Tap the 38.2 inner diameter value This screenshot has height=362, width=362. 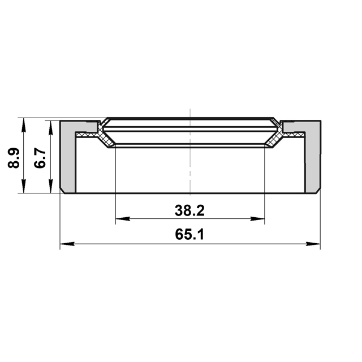[x=189, y=211]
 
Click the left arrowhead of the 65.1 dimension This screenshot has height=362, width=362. [x=64, y=244]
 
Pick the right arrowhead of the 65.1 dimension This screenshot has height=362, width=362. [x=316, y=244]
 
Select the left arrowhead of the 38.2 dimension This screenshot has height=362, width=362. [x=120, y=219]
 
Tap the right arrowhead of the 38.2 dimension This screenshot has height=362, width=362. [x=260, y=219]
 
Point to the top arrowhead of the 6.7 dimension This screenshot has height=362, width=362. [x=50, y=125]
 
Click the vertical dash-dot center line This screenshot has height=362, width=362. [x=191, y=170]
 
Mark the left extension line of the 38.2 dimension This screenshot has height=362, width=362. [x=115, y=187]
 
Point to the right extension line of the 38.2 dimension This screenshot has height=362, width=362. [x=265, y=187]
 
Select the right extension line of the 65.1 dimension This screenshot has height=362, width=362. [x=320, y=221]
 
